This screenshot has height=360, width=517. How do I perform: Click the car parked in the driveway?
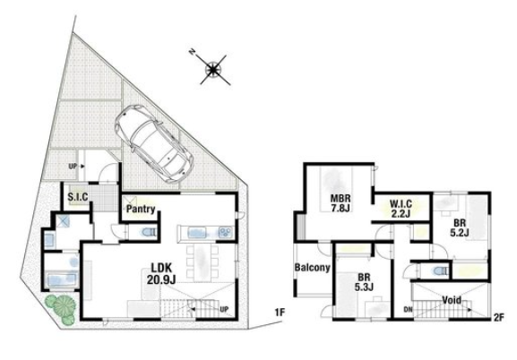pos(154,144)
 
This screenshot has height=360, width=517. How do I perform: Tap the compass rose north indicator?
pos(212,69)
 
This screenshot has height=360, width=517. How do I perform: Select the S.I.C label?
pos(78,197)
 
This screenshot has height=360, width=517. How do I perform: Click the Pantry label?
pos(141,209)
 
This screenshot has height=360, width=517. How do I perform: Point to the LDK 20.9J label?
pos(161,273)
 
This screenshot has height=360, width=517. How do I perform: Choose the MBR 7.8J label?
pos(340,203)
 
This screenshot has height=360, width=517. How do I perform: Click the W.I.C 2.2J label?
pos(401,209)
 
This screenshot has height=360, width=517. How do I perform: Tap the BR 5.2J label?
pos(460,227)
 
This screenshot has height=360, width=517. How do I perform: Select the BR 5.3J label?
pos(364,282)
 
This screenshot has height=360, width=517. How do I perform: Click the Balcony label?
pos(312,267)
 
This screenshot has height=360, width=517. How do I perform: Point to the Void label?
pos(452,300)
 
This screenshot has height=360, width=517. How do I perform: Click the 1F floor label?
pos(280,313)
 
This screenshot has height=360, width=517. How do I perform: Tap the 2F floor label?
pos(499,318)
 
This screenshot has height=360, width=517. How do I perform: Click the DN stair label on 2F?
pos(408,310)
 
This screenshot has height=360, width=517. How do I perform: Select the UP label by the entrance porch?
pos(73,167)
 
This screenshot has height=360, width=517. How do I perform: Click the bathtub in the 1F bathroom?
pos(62,280)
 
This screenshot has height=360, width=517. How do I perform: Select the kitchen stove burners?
pos(226,233)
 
